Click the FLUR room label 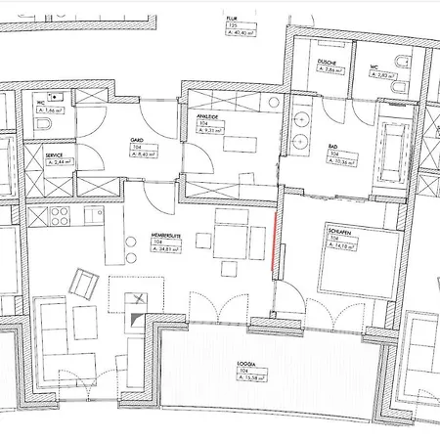click(x=232, y=18)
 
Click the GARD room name click(x=137, y=141)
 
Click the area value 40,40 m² click(x=238, y=31)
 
